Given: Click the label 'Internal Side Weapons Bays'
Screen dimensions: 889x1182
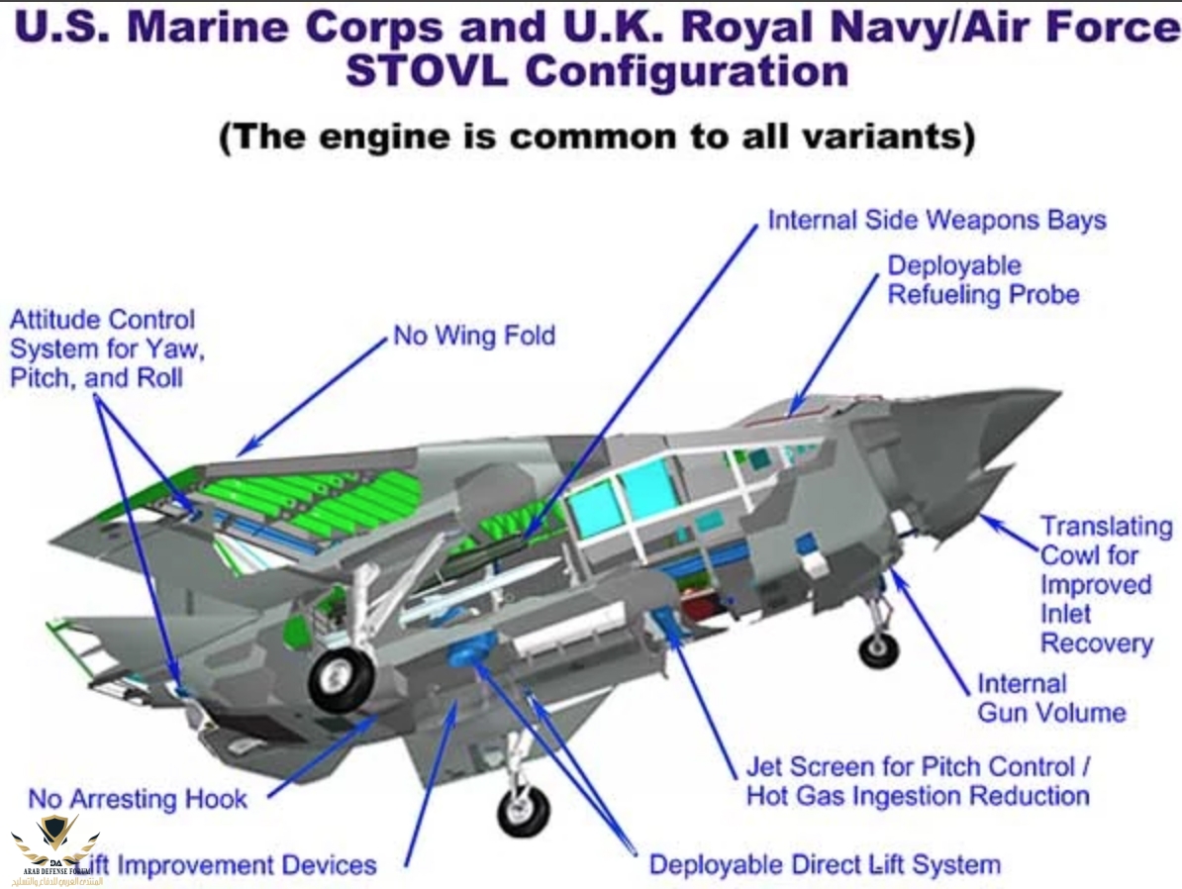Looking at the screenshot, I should coord(936,220).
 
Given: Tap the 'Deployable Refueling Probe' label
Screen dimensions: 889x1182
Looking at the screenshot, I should coord(982,280).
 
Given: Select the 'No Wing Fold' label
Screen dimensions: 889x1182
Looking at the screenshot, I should coord(474,336).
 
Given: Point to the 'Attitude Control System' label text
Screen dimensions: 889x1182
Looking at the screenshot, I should coord(103,347).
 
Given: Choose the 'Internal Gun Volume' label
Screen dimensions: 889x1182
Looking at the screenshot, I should coord(1051,698).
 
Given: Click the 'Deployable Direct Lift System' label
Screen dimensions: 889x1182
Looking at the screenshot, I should coord(825,864).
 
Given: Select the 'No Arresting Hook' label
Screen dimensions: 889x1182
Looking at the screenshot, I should coord(138,798).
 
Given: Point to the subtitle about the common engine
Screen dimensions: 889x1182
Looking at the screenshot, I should coord(597,137).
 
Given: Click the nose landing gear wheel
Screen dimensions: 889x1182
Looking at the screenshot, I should coord(878,650).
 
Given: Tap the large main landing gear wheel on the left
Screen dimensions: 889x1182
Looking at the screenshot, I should coord(342,679).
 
